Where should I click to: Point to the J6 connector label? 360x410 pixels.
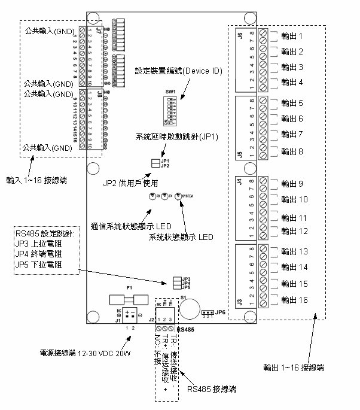(x=240, y=35)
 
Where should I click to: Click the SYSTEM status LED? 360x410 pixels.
(x=178, y=196)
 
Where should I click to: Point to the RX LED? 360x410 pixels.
(x=152, y=196)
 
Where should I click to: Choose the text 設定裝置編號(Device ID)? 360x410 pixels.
(x=179, y=71)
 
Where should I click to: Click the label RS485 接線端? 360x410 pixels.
(x=212, y=390)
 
